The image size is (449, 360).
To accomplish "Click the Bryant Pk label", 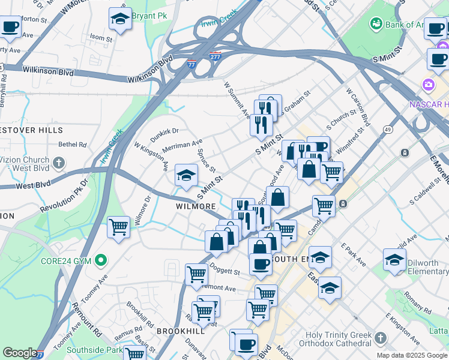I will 149,16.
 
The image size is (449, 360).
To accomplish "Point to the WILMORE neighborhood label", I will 196,206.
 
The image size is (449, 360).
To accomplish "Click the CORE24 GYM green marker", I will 101,260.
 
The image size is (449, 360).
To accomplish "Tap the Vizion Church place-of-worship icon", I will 58,162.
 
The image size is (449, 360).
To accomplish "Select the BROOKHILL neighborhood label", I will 177,331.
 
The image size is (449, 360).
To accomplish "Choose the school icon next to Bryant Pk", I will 120,19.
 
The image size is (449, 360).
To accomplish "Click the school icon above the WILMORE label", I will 185,176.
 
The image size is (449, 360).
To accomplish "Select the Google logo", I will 20,353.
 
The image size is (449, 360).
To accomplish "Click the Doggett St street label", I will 224,272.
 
